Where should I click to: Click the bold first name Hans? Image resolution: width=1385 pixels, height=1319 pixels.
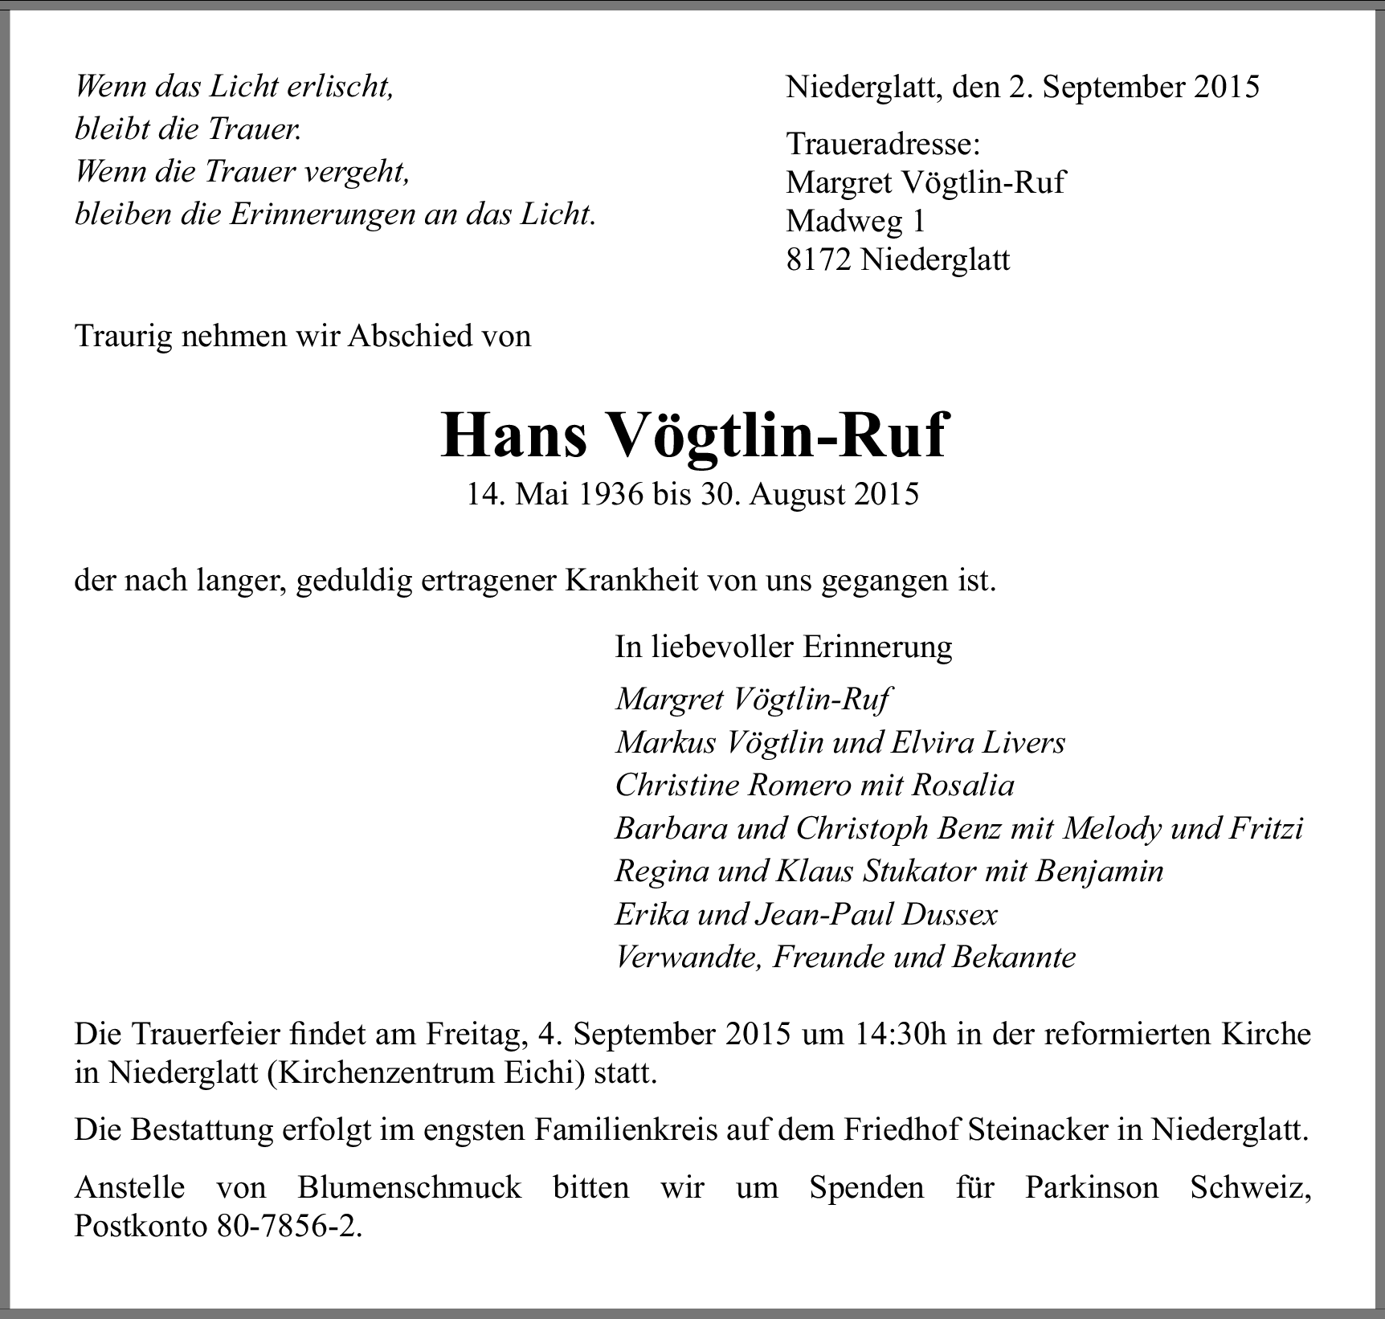coord(513,435)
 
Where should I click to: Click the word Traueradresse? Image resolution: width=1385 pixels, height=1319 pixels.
coord(883,145)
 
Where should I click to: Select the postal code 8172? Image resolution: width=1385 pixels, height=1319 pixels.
coord(819,259)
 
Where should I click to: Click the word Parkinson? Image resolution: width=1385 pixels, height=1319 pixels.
coord(1091,1187)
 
